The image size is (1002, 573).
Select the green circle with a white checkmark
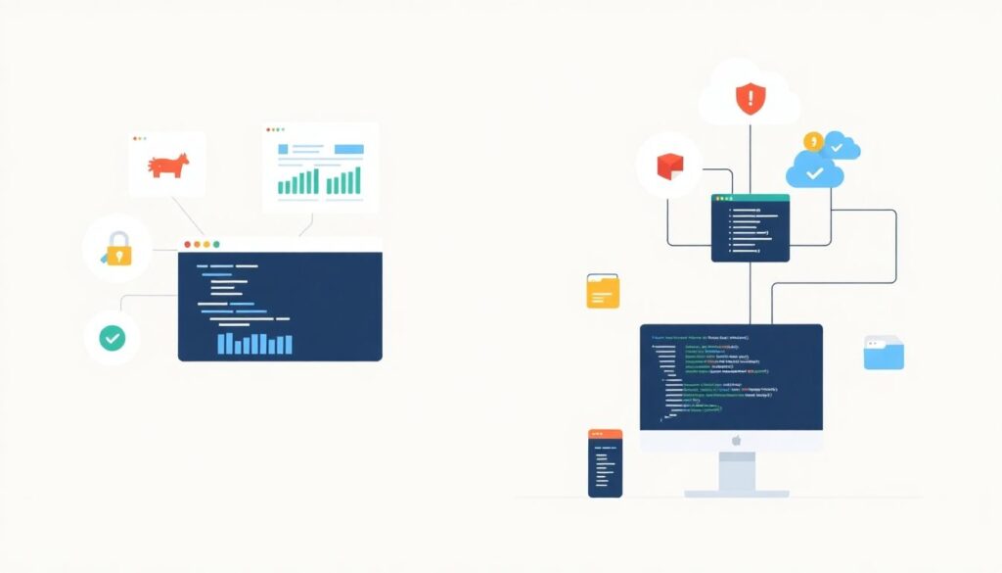pos(112,338)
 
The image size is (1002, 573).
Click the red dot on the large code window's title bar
pos(186,244)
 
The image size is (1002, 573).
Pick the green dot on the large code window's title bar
pos(216,244)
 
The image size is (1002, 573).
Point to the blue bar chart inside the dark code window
pos(254,343)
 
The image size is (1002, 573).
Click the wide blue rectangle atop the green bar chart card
pos(349,149)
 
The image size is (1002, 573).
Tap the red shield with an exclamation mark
pos(750,98)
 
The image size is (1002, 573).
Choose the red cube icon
pos(668,166)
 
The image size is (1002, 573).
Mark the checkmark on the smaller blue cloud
pos(838,148)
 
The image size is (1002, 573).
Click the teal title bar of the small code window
pos(750,198)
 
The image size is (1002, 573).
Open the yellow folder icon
pos(603,292)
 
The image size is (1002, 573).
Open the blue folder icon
pos(884,353)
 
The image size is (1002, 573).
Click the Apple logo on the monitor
pos(732,441)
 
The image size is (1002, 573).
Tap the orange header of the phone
pos(605,434)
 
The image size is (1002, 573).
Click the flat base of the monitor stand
pos(736,493)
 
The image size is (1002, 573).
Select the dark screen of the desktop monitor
pos(731,377)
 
